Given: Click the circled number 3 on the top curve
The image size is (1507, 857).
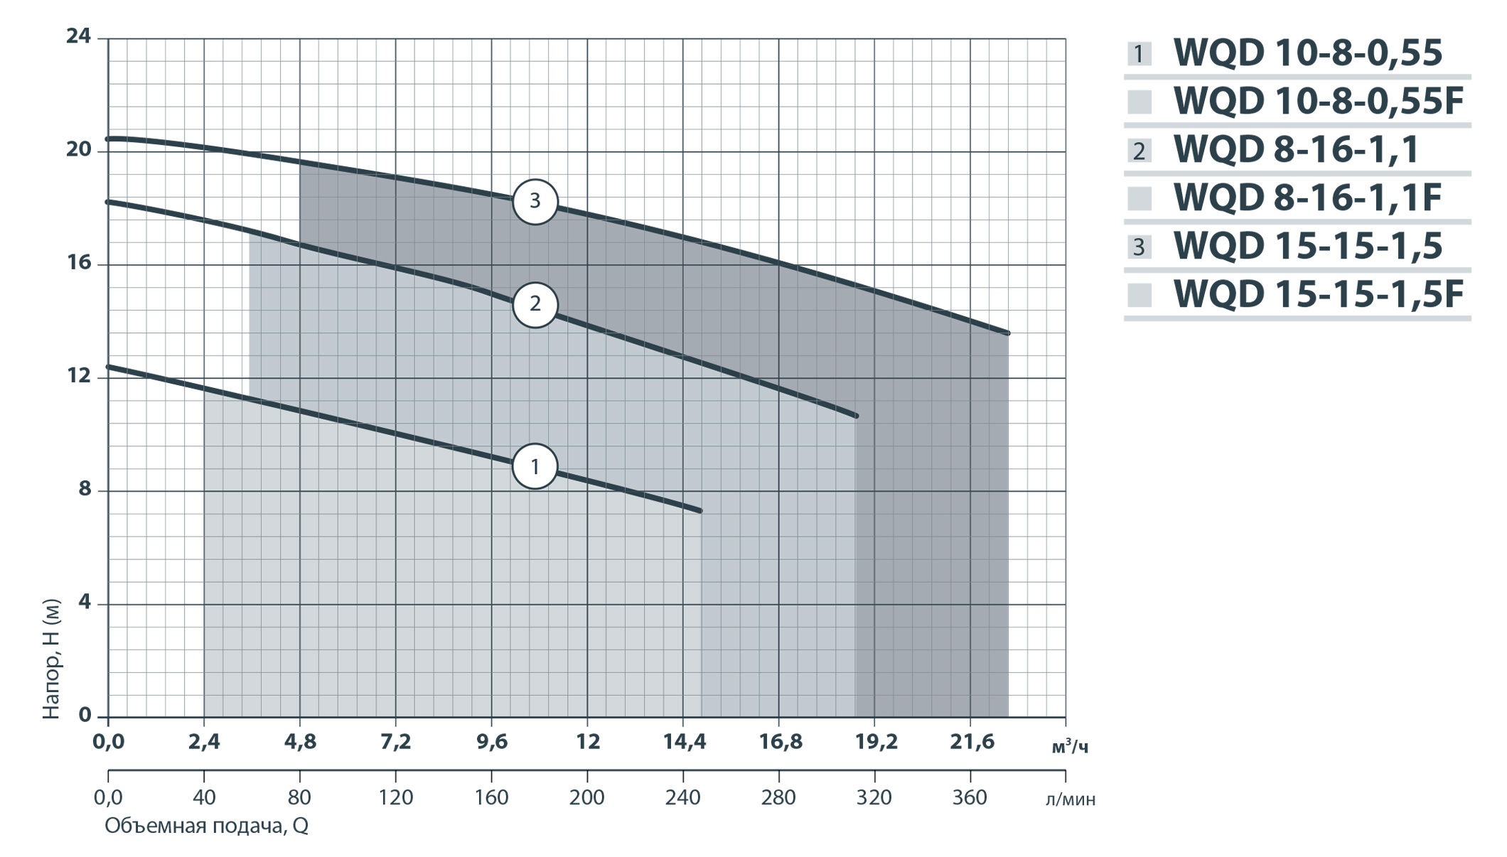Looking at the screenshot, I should click(x=535, y=201).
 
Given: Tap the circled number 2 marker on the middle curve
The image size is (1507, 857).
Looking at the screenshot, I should click(x=535, y=304).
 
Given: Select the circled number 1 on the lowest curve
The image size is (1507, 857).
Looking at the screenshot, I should click(x=535, y=466).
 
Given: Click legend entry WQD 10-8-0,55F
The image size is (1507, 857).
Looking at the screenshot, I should click(x=1318, y=101).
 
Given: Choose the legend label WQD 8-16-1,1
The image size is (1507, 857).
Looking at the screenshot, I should click(x=1296, y=149).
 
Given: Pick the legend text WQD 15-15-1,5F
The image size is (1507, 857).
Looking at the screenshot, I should click(x=1318, y=294).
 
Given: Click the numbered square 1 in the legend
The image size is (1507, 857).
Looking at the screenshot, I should click(x=1139, y=54).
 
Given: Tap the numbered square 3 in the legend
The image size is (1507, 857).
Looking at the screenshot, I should click(x=1139, y=247).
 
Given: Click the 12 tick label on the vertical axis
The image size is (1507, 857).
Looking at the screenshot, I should click(x=79, y=375).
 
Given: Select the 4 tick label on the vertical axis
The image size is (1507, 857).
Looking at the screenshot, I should click(x=85, y=602).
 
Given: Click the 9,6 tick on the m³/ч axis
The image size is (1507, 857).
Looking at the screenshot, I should click(x=491, y=742).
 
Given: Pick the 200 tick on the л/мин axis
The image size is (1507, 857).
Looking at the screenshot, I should click(x=587, y=797).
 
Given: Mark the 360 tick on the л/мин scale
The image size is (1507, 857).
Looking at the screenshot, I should click(x=970, y=797).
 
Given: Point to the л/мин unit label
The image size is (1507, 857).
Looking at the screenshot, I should click(x=1071, y=799).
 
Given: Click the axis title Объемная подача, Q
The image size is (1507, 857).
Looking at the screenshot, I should click(x=206, y=826).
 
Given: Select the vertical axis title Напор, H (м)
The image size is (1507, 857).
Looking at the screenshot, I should click(x=51, y=659).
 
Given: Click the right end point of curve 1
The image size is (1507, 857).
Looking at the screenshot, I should click(x=700, y=511).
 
